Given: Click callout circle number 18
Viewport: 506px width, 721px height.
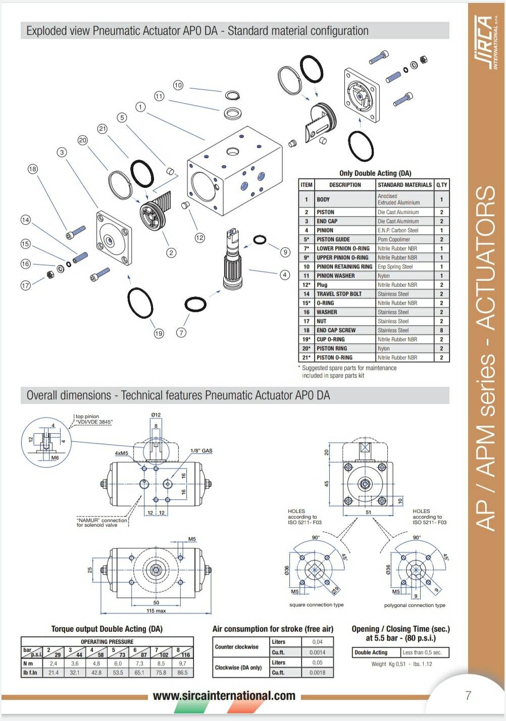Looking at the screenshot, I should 33,169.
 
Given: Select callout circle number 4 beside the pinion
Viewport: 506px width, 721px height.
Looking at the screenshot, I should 285,275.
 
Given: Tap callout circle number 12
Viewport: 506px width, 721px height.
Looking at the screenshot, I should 200,237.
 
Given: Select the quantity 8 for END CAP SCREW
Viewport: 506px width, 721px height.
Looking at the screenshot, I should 441,330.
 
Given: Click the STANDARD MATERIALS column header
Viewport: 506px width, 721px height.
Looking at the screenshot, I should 404,185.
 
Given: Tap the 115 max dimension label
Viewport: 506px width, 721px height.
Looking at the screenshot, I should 156,611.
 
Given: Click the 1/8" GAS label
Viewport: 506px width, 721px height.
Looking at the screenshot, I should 201,450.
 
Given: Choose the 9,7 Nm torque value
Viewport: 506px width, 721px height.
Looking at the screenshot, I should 182,663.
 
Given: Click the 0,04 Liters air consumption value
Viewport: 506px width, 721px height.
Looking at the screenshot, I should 317,642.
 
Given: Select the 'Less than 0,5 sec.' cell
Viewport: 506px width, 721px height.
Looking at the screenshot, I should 422,652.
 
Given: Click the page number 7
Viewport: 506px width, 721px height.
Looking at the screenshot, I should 468,695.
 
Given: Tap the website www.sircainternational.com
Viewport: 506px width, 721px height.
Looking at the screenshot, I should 224,696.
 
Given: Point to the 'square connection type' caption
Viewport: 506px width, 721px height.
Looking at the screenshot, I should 316,605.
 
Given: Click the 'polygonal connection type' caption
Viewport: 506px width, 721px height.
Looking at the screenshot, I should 415,605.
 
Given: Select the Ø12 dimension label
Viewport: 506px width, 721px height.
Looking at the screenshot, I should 156,415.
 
